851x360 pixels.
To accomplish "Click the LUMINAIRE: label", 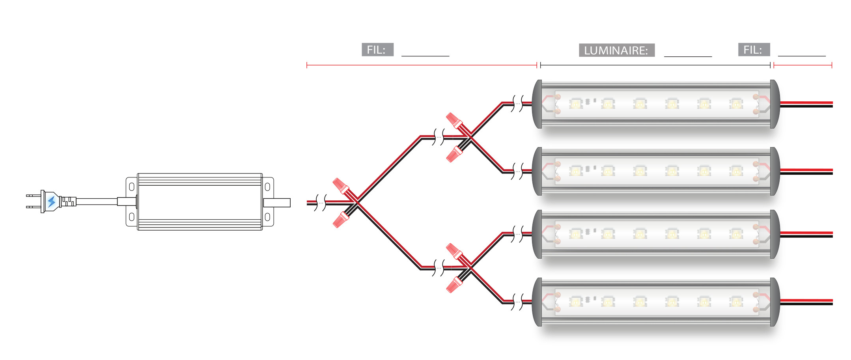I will click(616, 50).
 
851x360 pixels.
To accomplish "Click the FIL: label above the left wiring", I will click(377, 50).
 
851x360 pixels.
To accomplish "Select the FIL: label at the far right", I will click(753, 50).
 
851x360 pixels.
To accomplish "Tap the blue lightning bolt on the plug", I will click(51, 201).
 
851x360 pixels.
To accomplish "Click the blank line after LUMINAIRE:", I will click(688, 55).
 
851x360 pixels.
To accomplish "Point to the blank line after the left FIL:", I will click(425, 55).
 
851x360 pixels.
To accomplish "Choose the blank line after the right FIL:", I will click(801, 55).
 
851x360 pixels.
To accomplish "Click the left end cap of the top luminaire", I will click(537, 104).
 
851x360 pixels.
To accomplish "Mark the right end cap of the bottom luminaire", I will click(775, 302).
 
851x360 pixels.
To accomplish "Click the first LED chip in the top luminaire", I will click(575, 104).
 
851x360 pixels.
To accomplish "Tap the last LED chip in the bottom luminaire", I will click(736, 302).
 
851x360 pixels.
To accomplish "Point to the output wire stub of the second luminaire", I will click(806, 172).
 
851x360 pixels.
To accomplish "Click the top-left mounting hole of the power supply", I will click(132, 187).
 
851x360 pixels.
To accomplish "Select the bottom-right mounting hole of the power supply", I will click(267, 216).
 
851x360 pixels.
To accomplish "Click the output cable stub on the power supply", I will click(277, 203).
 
